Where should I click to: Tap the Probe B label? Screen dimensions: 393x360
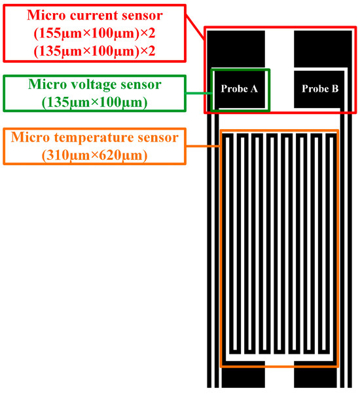(x=319, y=89)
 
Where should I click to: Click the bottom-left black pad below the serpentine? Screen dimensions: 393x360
(x=243, y=378)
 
